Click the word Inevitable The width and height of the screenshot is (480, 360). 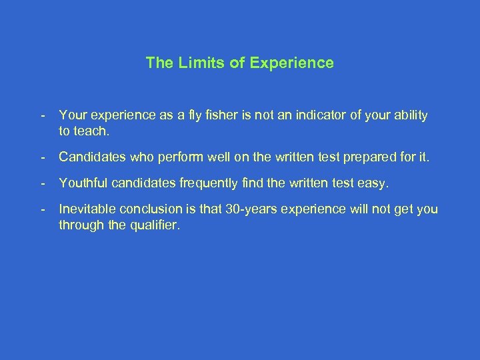[x=85, y=210]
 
